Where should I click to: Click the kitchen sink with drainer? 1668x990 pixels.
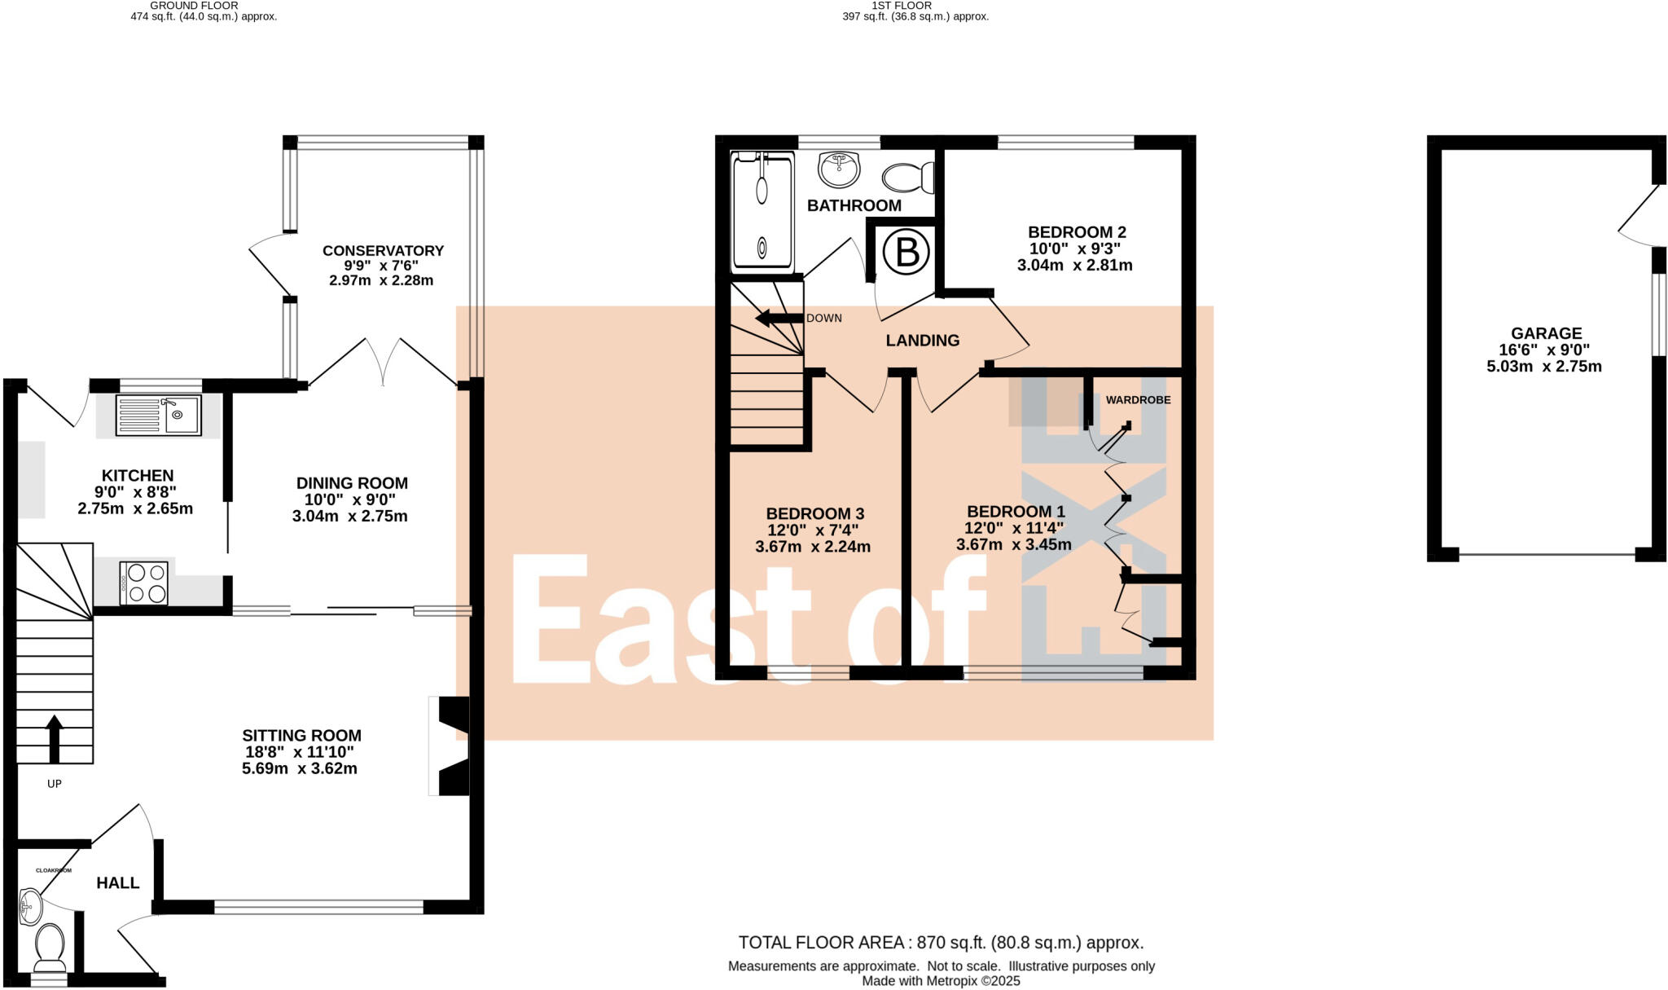pyautogui.click(x=158, y=416)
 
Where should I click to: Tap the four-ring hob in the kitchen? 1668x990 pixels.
pyautogui.click(x=144, y=583)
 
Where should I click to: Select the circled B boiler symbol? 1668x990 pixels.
pyautogui.click(x=906, y=252)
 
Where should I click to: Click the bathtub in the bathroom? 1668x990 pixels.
pyautogui.click(x=762, y=213)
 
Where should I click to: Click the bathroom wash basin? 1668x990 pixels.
pyautogui.click(x=839, y=169)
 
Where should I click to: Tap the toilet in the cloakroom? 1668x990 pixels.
pyautogui.click(x=50, y=945)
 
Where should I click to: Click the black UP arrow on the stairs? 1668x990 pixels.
pyautogui.click(x=55, y=737)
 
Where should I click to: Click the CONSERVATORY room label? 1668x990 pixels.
pyautogui.click(x=383, y=251)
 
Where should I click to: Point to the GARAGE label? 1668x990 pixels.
pyautogui.click(x=1546, y=333)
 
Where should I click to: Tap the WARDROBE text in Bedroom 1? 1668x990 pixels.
pyautogui.click(x=1138, y=400)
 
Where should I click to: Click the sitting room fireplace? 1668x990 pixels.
pyautogui.click(x=452, y=746)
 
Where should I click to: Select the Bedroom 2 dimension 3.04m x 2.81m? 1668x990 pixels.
pyautogui.click(x=1074, y=265)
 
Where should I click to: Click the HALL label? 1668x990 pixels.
pyautogui.click(x=118, y=883)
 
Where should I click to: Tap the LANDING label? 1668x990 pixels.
pyautogui.click(x=923, y=341)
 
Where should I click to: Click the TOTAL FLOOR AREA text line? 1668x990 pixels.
pyautogui.click(x=941, y=943)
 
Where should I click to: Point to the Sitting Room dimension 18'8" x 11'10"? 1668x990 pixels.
pyautogui.click(x=300, y=752)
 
